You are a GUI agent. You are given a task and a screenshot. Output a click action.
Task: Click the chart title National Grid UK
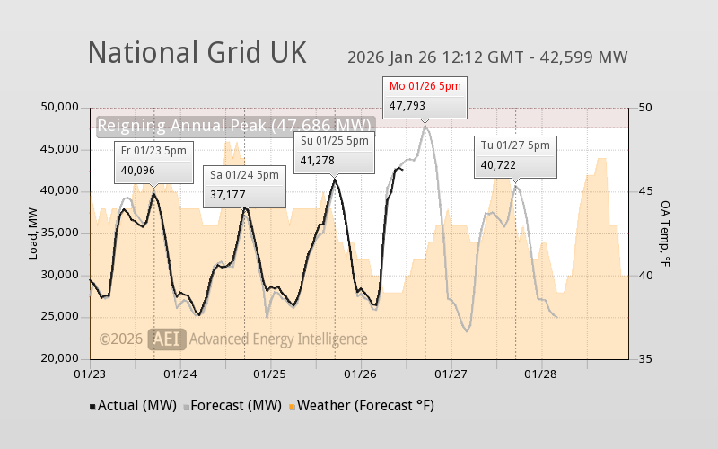(x=197, y=53)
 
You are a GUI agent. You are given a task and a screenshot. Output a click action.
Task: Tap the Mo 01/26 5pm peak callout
(x=425, y=96)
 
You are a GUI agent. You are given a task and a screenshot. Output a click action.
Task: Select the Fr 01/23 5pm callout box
(x=153, y=161)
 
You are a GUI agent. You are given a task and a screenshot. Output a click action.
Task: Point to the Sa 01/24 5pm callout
(x=245, y=185)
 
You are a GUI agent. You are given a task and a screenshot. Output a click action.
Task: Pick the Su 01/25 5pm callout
(x=334, y=151)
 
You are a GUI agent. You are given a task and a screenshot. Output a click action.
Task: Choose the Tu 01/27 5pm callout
(x=515, y=155)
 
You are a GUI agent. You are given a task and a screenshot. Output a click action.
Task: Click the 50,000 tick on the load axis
(x=60, y=107)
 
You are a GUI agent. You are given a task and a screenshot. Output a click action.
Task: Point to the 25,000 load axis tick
(x=60, y=316)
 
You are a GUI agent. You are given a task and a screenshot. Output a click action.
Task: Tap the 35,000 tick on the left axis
(x=60, y=233)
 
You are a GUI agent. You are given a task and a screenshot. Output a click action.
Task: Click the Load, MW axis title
(x=33, y=233)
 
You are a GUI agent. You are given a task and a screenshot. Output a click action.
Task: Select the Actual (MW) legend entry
(x=134, y=406)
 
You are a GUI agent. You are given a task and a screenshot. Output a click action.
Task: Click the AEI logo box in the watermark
(x=168, y=339)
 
